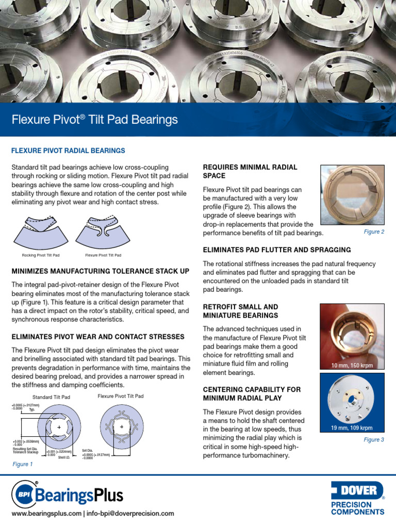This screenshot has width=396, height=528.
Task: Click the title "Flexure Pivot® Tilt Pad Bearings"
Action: (x=94, y=120)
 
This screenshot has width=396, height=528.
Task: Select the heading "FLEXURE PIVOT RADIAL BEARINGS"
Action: (x=68, y=151)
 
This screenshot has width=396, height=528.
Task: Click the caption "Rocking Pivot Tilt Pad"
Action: (x=40, y=255)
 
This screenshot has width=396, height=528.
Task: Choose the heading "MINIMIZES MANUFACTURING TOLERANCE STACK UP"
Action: (x=100, y=271)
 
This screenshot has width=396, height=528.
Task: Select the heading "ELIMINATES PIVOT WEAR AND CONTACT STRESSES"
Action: (x=97, y=337)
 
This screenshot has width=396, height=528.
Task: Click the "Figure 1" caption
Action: (x=22, y=464)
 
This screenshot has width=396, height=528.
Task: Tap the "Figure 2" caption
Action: (x=374, y=232)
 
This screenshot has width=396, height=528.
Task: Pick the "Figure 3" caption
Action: (x=374, y=440)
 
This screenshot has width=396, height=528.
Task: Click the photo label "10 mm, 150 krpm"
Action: (x=352, y=366)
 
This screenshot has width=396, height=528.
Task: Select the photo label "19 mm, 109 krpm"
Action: (x=352, y=428)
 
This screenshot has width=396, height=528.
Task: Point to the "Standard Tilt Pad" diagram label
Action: (x=51, y=397)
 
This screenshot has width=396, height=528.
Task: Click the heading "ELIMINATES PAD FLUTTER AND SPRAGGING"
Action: (x=277, y=250)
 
